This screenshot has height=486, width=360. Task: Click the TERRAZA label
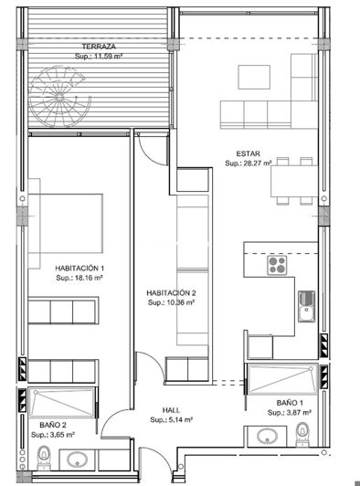coord(99,46)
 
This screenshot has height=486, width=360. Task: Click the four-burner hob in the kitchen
coord(278,265)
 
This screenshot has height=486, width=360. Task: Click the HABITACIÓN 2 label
coord(172,293)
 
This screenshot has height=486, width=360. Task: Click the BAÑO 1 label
coord(290,403)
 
